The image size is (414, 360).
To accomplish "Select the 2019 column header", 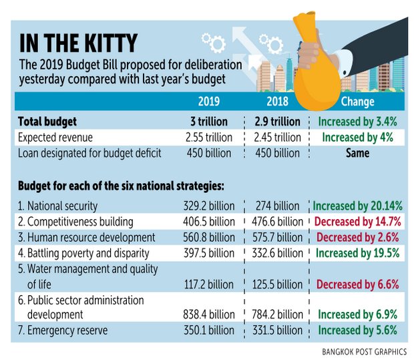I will click(x=210, y=102).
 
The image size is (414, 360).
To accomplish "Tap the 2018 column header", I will click(x=277, y=102).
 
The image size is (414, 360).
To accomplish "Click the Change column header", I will click(x=358, y=102).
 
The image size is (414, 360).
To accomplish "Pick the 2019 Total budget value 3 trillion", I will click(x=208, y=122).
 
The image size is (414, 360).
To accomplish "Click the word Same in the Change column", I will click(x=359, y=153).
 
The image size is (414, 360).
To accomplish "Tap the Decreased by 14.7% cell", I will click(x=357, y=222).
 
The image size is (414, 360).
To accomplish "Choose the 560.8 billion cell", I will click(x=209, y=238).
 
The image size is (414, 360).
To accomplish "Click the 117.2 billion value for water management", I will click(x=209, y=285).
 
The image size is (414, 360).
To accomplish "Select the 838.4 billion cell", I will click(x=209, y=315).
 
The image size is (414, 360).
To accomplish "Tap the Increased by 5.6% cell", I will click(x=358, y=330).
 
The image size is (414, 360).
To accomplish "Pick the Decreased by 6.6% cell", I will click(x=357, y=285).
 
